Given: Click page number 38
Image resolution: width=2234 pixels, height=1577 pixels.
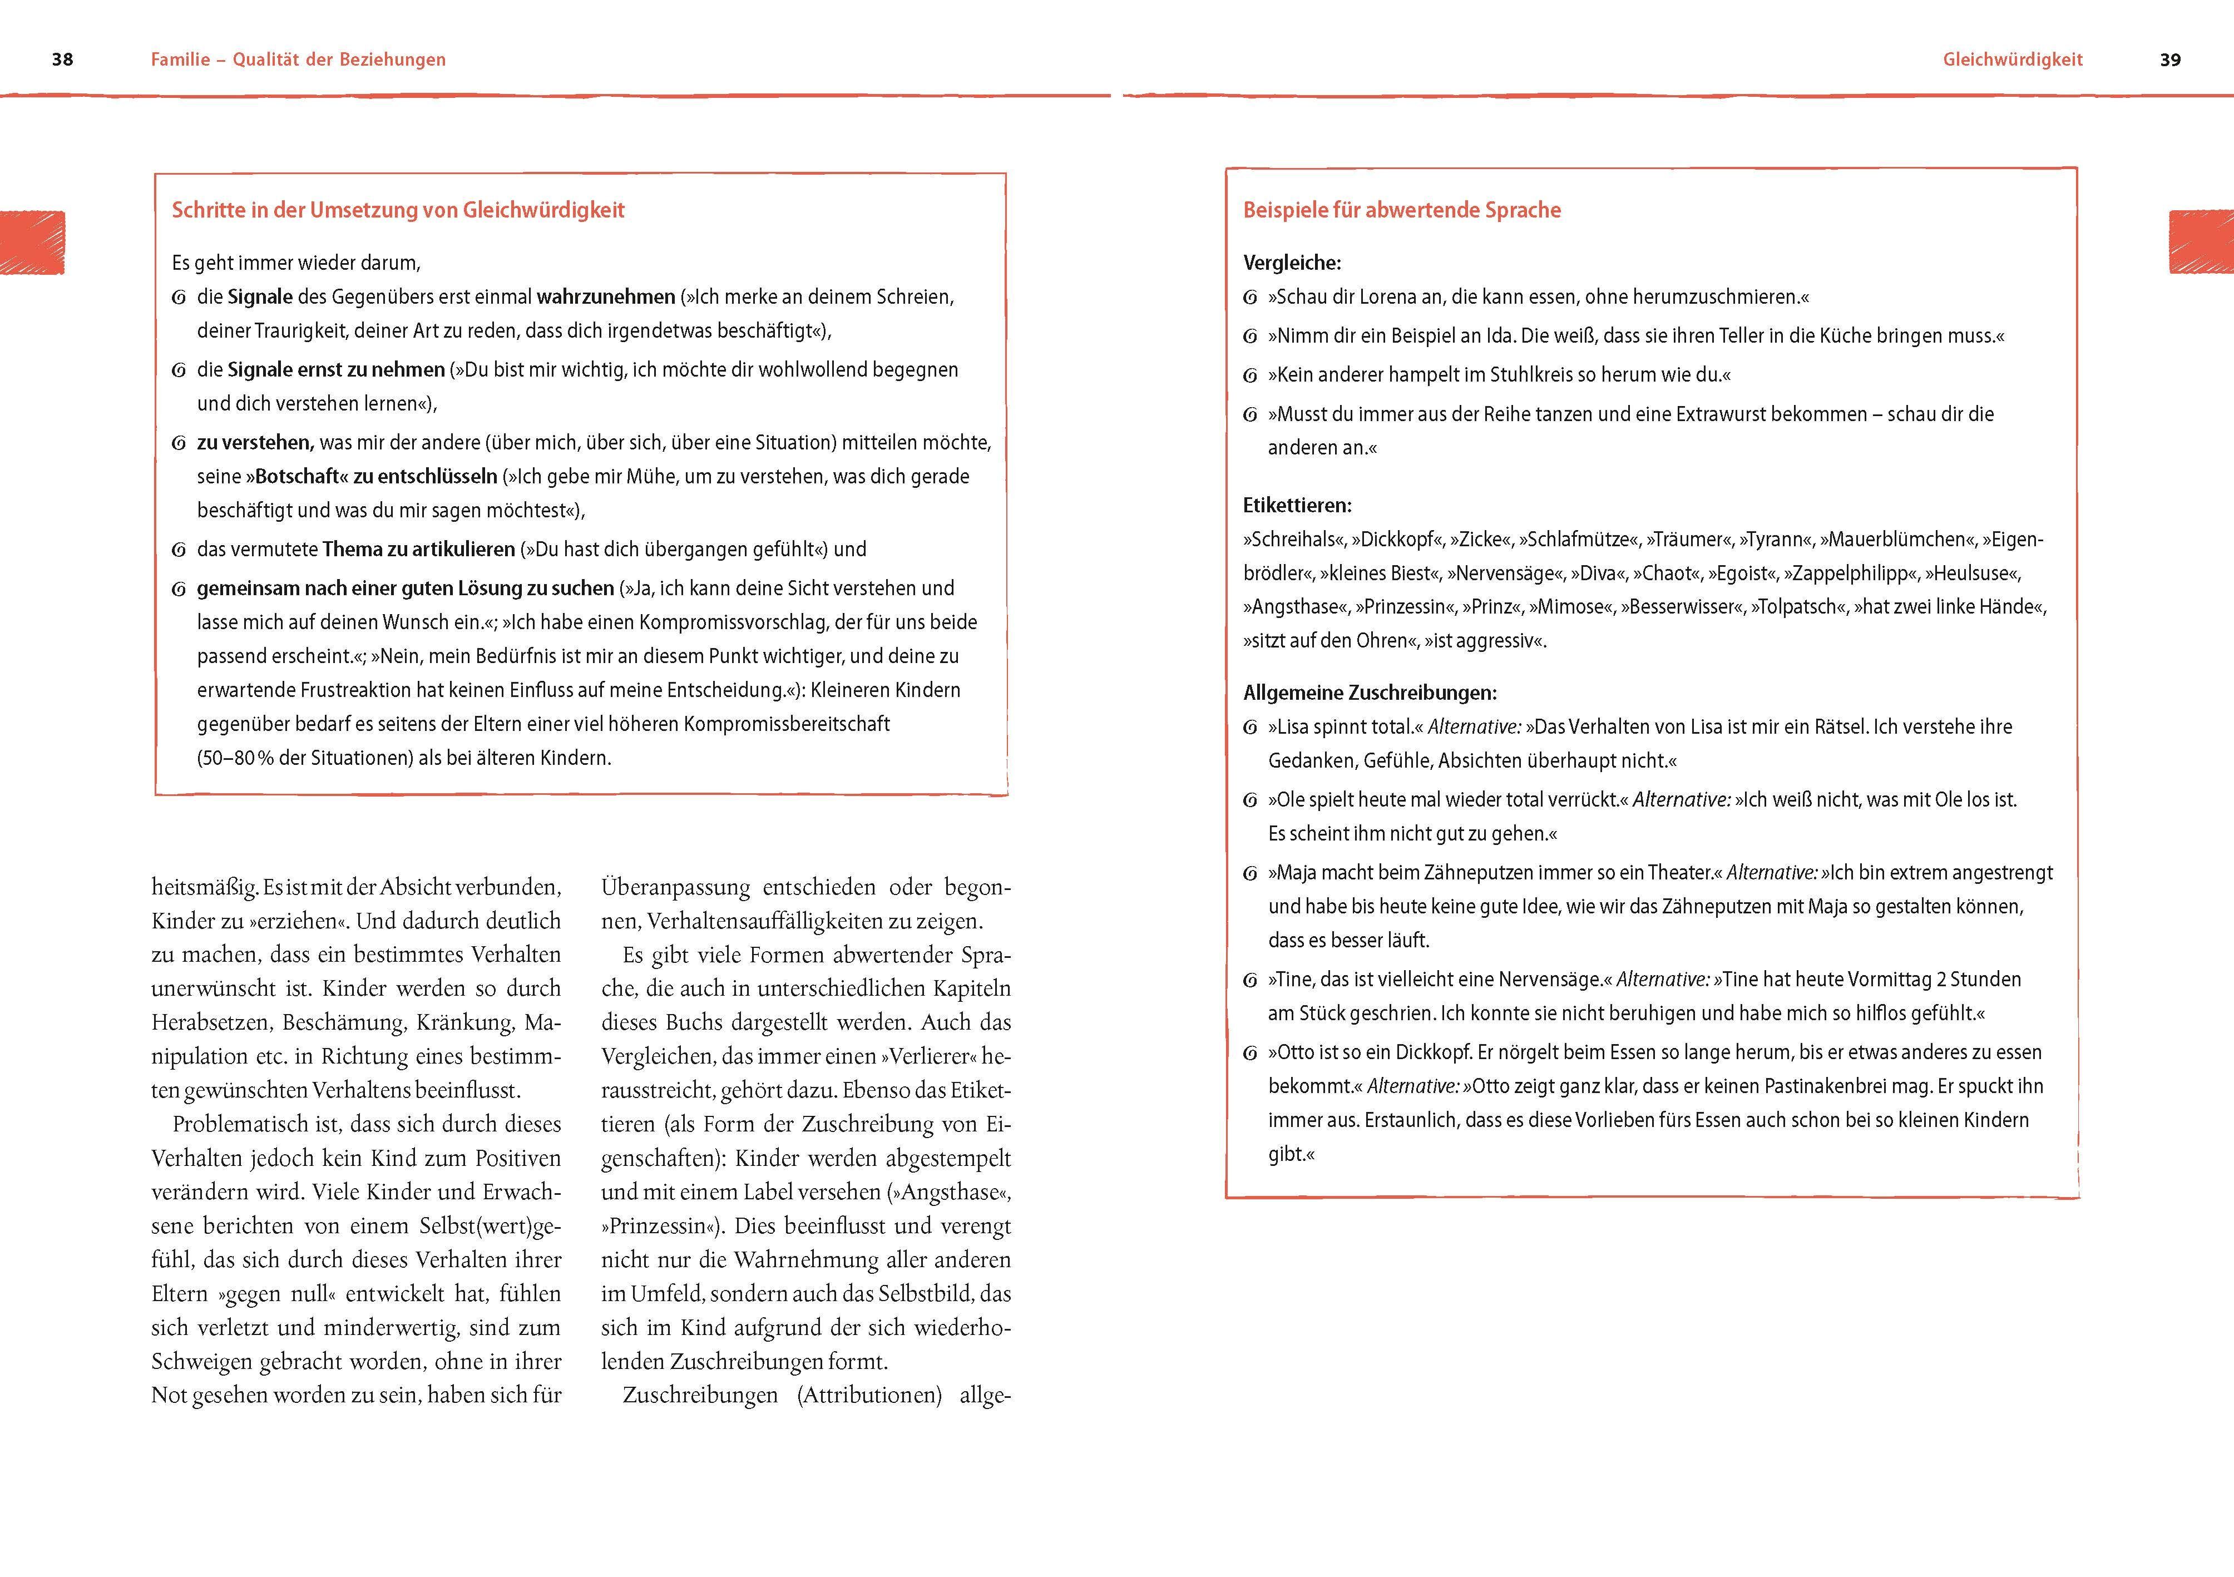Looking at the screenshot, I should coord(62,60).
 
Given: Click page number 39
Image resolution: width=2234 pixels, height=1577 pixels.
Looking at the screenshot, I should coord(2170,60).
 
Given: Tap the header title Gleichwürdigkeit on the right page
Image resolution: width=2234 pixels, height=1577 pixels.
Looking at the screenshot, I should coord(2012,60).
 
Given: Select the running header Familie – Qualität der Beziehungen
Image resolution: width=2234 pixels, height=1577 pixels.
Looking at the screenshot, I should coord(298,60).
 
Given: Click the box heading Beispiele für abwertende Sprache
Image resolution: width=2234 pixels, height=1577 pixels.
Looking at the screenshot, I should coord(1401,210).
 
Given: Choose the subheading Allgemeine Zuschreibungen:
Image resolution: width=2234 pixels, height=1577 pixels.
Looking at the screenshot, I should coord(1369,693).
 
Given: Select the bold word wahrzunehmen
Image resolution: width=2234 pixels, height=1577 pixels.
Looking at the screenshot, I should coord(605,296).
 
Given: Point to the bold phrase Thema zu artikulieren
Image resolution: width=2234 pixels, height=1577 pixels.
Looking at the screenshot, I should coord(418,548).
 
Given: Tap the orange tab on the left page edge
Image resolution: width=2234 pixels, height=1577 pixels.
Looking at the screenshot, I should coord(32,242).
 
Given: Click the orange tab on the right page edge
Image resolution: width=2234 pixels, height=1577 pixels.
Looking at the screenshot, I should coord(2201,242).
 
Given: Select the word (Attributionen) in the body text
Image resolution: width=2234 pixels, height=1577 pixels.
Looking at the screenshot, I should coord(869,1395).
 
